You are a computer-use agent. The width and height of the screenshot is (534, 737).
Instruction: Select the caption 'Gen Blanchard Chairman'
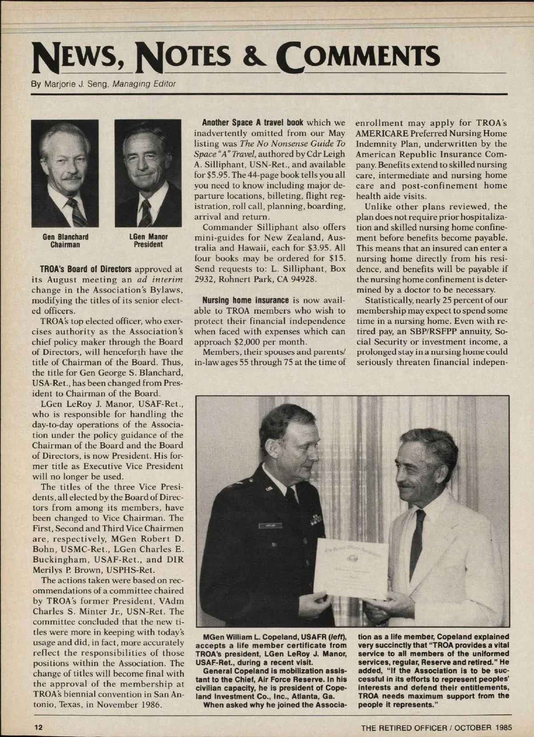[x=65, y=240]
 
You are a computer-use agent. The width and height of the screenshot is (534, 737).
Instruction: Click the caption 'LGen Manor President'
[x=148, y=240]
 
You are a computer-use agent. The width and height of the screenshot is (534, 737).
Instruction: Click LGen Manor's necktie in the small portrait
[x=145, y=212]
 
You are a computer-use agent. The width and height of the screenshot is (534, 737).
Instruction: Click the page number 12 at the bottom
[x=39, y=727]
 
